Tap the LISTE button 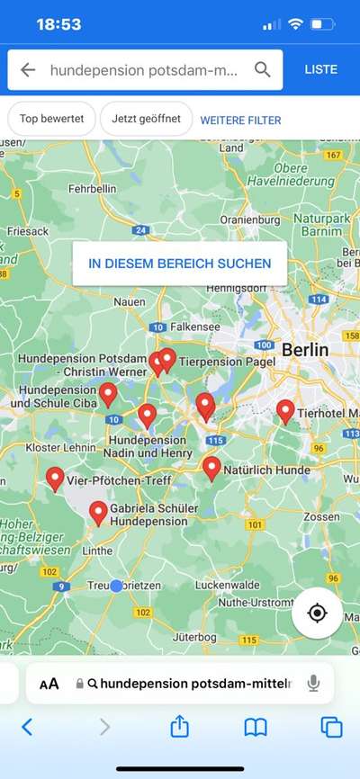[321, 69]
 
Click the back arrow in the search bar [28, 69]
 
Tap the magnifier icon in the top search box [262, 69]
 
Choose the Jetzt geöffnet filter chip [146, 120]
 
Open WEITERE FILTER [240, 120]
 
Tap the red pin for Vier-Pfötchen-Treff [55, 479]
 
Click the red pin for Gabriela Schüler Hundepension [99, 513]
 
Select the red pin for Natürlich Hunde [211, 467]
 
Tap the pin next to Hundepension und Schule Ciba [108, 393]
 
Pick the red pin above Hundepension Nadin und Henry [147, 415]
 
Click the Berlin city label [305, 349]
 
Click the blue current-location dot [116, 586]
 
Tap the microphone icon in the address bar [313, 684]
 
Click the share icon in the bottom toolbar [180, 726]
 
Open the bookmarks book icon [256, 727]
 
